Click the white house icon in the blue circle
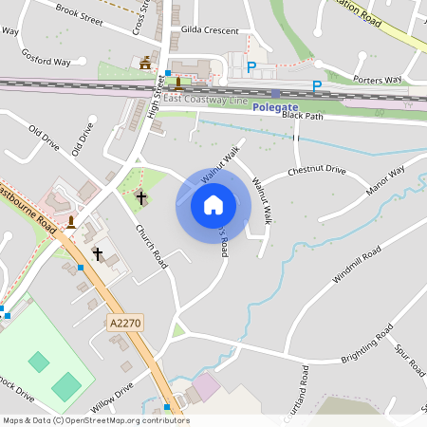click(213, 204)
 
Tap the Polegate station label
click(276, 107)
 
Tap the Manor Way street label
click(384, 181)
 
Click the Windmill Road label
click(356, 266)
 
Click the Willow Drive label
click(112, 396)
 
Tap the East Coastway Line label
click(205, 98)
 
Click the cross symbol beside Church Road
click(141, 198)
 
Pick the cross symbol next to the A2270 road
click(97, 254)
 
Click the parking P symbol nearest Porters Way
click(317, 86)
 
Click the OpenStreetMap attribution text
click(95, 420)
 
